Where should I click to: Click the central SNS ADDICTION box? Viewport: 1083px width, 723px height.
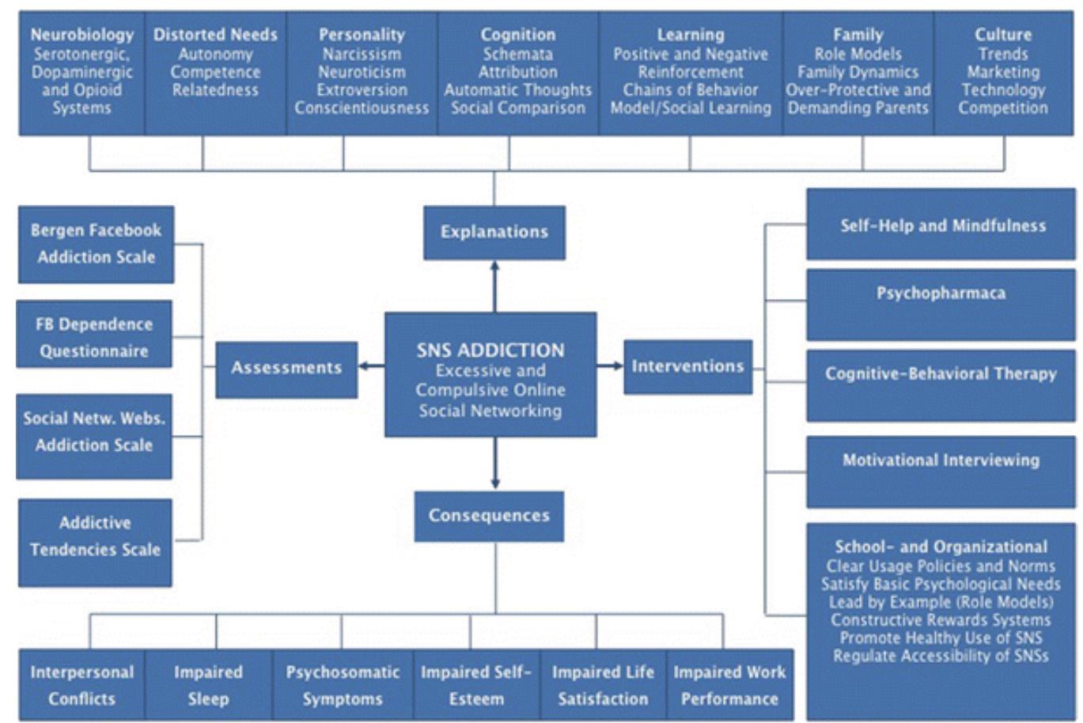[490, 375]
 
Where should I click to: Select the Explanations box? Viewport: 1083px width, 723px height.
[494, 233]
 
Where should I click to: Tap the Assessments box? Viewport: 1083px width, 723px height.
[286, 369]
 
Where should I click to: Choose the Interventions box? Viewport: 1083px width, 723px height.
[687, 367]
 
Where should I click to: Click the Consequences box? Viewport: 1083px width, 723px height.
[489, 516]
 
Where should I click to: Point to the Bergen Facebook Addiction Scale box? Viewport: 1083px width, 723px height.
[96, 244]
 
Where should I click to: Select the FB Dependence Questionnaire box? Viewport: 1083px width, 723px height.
[94, 338]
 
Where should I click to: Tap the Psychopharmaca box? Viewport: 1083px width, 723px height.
[941, 304]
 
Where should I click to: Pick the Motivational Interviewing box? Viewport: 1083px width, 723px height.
[941, 471]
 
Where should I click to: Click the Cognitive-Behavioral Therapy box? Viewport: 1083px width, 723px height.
[941, 385]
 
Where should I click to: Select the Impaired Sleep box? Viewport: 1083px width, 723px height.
[208, 685]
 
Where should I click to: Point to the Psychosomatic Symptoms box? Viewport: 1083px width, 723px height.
[343, 685]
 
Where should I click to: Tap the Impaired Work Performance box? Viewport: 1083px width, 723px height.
[729, 685]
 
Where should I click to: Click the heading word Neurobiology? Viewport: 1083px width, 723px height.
[82, 35]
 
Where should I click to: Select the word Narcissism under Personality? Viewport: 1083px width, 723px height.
[362, 55]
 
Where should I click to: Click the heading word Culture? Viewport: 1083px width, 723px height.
[1003, 35]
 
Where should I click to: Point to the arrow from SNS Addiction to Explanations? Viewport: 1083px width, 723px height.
[495, 286]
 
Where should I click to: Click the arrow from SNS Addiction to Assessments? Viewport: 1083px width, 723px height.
[371, 366]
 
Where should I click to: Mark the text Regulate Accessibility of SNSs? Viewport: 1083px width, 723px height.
[941, 656]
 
